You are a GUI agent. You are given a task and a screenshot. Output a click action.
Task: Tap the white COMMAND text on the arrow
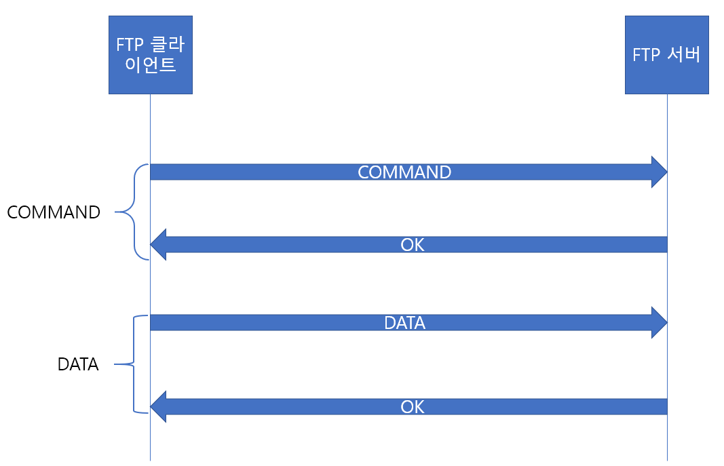(404, 172)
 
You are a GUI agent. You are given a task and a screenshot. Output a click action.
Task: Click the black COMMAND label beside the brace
(54, 212)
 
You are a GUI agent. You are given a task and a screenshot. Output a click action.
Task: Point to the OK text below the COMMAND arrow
(412, 245)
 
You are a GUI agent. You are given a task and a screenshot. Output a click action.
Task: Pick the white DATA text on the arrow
(404, 323)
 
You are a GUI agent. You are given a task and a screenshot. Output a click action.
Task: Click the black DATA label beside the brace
(78, 365)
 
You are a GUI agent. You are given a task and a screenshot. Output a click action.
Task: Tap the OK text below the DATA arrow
(412, 406)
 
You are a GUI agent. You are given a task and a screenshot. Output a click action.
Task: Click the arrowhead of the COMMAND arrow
(659, 172)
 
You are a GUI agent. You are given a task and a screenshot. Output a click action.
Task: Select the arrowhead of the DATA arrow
(659, 323)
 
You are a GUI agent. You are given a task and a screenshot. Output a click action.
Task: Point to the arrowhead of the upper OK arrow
(158, 245)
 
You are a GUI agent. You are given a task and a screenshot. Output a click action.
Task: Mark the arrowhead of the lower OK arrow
(158, 406)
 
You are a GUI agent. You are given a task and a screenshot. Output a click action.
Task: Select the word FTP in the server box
(646, 55)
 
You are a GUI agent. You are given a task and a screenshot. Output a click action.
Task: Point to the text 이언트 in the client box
(151, 66)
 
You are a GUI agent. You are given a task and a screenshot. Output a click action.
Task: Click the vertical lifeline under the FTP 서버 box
(667, 285)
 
